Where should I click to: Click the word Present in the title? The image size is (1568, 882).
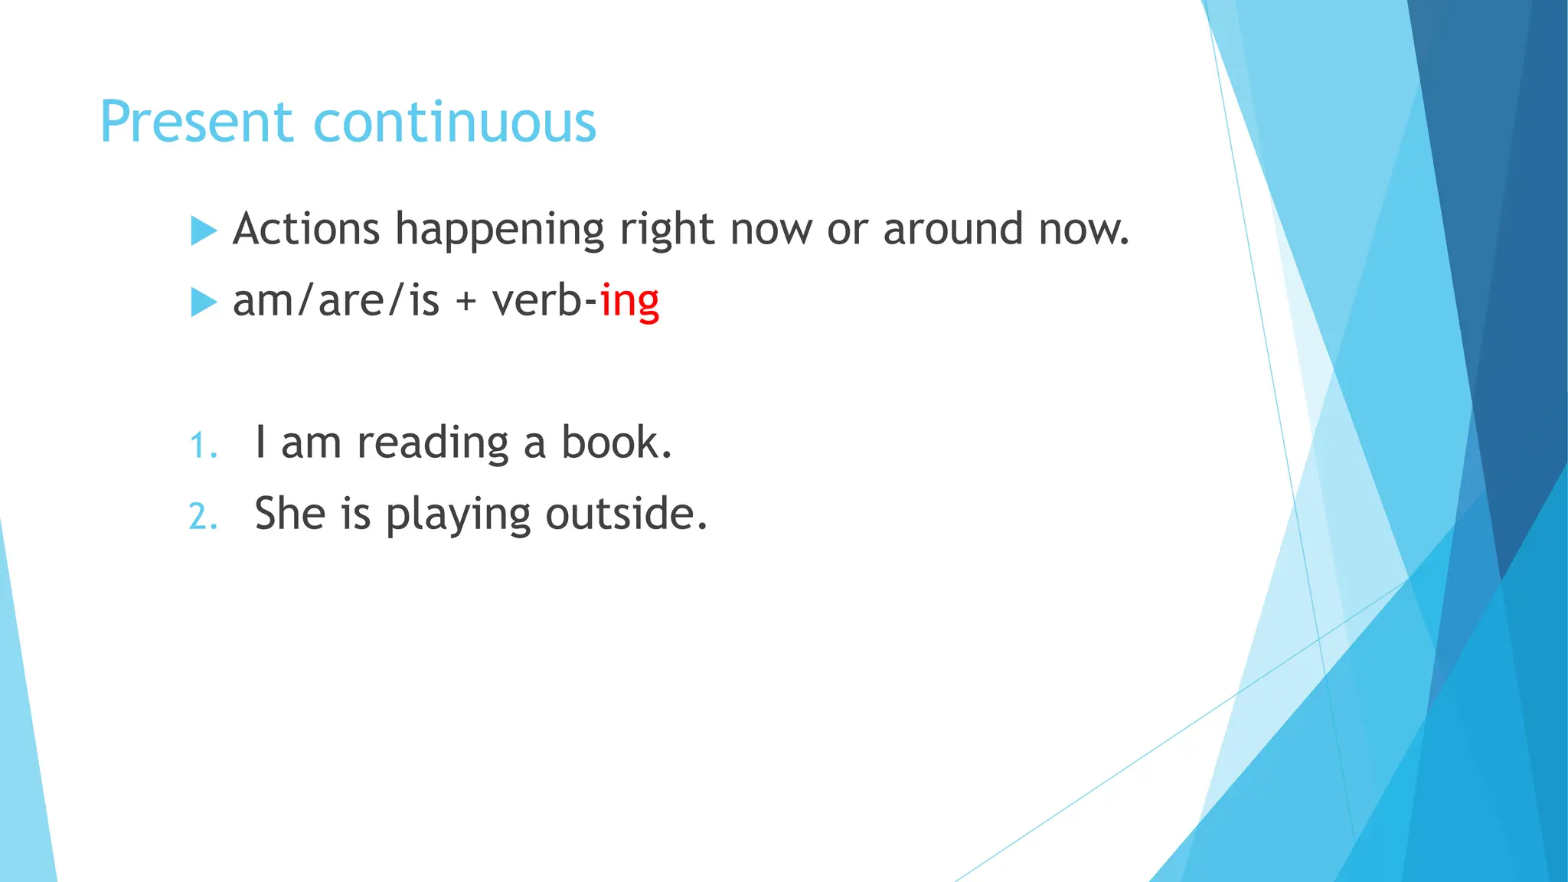[196, 122]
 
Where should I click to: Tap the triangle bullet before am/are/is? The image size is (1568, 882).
[203, 302]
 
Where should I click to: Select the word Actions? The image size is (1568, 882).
[306, 229]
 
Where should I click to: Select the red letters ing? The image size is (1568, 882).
[629, 302]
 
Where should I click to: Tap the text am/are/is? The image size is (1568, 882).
[335, 300]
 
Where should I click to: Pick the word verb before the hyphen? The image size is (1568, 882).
[537, 300]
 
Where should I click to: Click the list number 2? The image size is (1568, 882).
[202, 517]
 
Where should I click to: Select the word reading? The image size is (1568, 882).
[433, 443]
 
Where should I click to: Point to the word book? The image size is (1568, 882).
[616, 443]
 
